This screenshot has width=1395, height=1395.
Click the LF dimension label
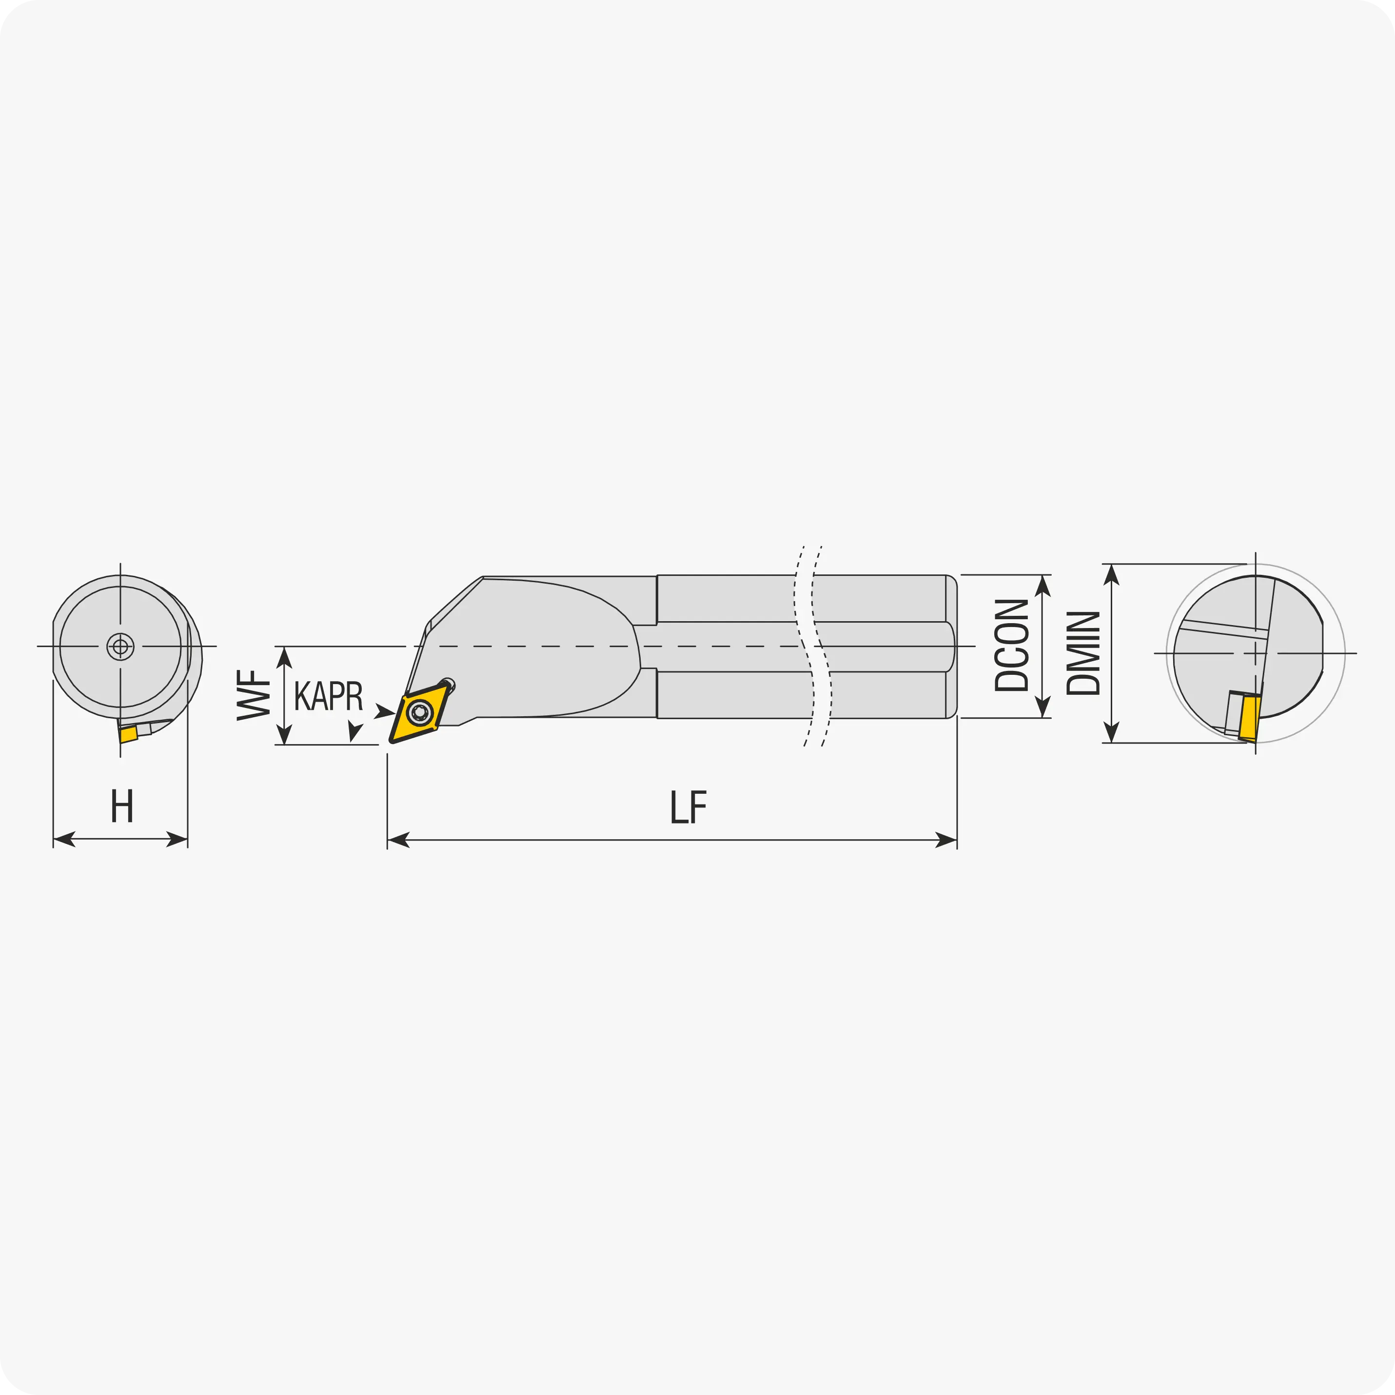click(688, 807)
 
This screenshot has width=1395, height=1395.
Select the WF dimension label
click(254, 695)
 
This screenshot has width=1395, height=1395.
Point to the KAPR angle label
click(329, 695)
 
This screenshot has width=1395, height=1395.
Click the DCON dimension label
click(1012, 645)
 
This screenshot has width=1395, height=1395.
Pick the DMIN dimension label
click(1083, 653)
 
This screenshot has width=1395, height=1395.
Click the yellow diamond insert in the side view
click(419, 713)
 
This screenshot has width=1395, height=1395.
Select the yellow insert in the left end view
click(129, 734)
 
